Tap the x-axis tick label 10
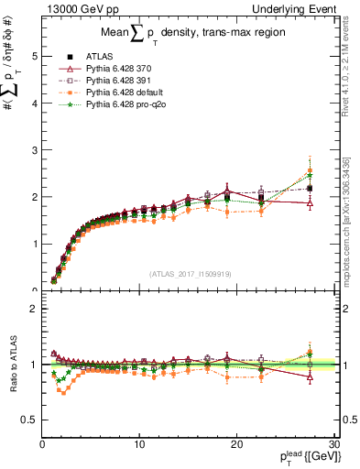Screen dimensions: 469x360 click(139, 444)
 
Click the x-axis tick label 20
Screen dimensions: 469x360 click(236, 444)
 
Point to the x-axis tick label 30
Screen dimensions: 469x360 click(333, 444)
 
